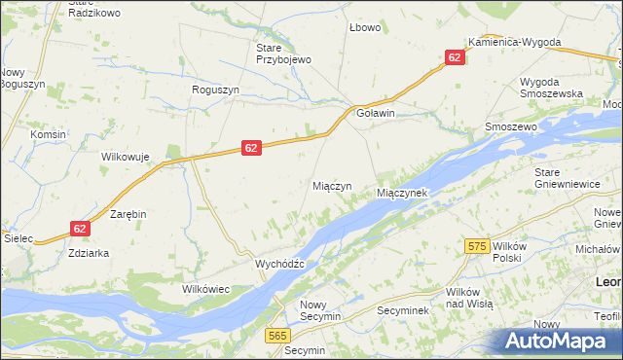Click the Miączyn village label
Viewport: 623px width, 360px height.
(331, 186)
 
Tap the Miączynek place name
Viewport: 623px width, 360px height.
(402, 194)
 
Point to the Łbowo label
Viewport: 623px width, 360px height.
(365, 27)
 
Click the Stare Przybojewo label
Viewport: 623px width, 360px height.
(282, 54)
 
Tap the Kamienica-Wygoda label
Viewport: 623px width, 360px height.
(514, 43)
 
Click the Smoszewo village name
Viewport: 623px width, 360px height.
(511, 127)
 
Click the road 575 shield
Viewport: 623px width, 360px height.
(476, 247)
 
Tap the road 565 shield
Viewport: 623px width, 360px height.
(277, 335)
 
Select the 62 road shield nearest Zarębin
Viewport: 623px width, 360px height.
(81, 228)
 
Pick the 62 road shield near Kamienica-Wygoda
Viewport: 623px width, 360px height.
(455, 58)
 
